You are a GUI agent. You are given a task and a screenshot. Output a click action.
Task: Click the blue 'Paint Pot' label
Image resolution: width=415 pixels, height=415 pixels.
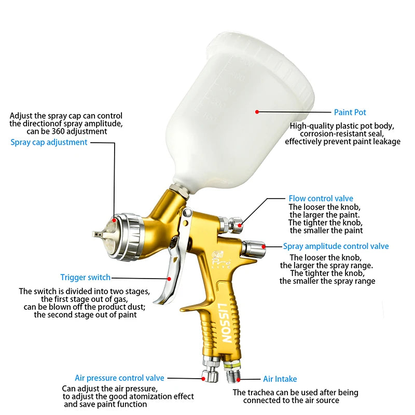coord(350,112)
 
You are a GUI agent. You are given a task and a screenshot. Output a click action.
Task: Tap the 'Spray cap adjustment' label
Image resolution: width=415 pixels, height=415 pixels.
coord(49,142)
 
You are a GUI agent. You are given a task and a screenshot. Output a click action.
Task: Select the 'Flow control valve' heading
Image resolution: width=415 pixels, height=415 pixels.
coord(321,198)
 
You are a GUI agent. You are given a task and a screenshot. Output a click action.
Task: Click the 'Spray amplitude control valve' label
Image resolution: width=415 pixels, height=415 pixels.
coord(336,246)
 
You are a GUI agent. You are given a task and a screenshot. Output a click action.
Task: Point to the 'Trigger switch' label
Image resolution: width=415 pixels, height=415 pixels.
coord(85,278)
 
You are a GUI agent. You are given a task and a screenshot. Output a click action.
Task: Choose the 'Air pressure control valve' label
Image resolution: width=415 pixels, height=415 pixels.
coord(119,378)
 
